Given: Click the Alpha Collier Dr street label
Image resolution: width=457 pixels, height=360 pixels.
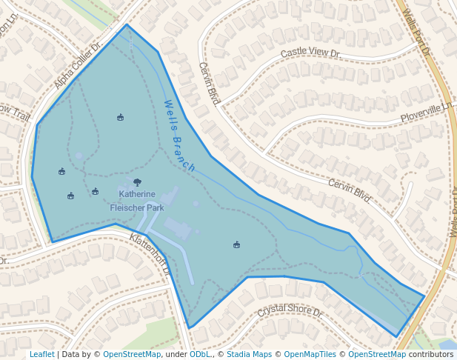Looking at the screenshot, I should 78,65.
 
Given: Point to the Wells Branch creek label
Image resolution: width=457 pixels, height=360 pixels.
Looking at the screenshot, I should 180,136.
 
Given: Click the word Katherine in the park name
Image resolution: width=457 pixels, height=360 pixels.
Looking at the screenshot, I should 137,194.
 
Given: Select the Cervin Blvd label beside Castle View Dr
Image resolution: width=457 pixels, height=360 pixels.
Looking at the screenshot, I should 210,82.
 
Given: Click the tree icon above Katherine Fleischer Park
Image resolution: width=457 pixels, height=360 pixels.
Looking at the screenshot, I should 137,182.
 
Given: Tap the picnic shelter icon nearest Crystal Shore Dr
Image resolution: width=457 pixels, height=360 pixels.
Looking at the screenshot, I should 236,244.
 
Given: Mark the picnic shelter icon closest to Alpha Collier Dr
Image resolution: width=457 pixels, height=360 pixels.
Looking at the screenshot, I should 120,117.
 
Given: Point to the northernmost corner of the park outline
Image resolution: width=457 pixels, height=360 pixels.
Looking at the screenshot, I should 127,24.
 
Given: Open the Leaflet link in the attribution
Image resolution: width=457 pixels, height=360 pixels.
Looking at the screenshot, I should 41,355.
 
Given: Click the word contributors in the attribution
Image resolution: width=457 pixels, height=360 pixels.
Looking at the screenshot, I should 430,355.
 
